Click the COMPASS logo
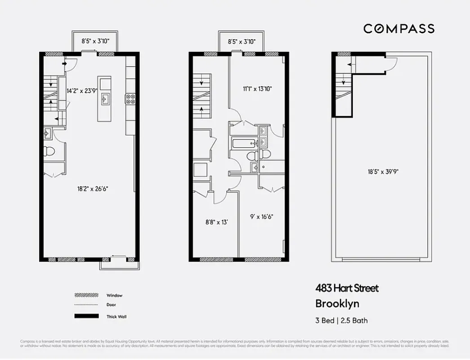(x=399, y=29)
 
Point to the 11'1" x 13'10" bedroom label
(x=258, y=89)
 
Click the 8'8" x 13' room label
(x=216, y=221)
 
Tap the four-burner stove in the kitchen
(x=130, y=99)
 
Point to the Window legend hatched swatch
(x=86, y=296)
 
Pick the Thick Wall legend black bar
(x=86, y=316)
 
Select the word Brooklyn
(x=337, y=304)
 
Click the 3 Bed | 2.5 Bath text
(x=341, y=320)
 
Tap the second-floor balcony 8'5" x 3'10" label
(x=242, y=41)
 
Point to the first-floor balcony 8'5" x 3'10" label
(x=95, y=41)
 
